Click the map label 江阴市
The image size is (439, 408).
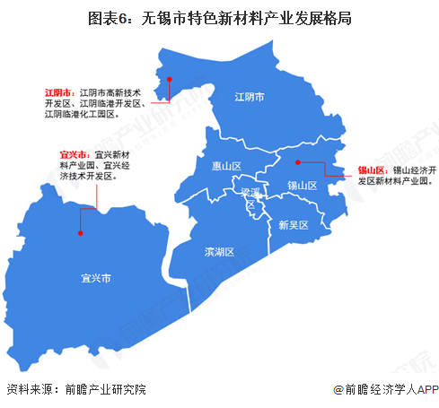[x=249, y=98]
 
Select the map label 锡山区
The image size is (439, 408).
[x=303, y=186]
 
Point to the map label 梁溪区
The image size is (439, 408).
[x=250, y=197]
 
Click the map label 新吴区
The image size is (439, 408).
[x=294, y=224]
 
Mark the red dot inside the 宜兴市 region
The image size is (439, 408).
[x=81, y=232]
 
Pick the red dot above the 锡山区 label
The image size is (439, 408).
[x=296, y=162]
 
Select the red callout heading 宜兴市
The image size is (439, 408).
[x=75, y=154]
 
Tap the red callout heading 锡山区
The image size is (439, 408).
[x=371, y=169]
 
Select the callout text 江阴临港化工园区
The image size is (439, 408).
[x=81, y=115]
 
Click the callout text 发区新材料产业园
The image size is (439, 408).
[x=394, y=180]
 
